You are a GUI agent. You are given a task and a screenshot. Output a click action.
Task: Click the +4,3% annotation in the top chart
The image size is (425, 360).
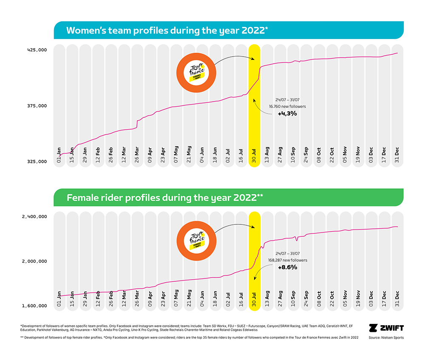point(287,114)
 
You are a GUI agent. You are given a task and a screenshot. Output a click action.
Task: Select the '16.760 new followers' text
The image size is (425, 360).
point(287,106)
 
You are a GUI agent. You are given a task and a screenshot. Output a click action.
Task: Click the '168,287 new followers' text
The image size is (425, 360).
point(287,260)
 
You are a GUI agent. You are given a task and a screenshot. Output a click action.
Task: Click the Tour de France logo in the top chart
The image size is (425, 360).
point(197,72)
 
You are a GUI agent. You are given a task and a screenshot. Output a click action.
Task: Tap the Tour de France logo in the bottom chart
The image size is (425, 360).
point(197,240)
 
